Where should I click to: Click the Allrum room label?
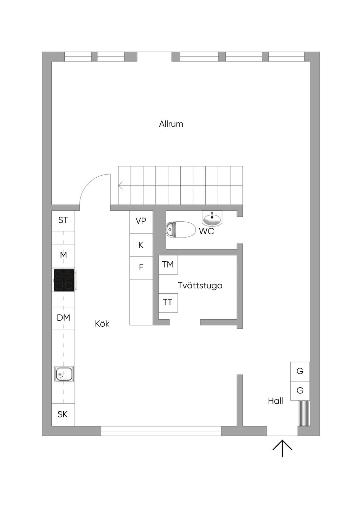[171, 124]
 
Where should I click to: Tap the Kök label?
[102, 324]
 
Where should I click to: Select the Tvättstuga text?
[200, 285]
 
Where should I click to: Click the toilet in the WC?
[181, 230]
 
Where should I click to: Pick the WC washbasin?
[212, 218]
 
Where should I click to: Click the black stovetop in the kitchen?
[64, 280]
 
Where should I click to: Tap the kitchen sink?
[64, 374]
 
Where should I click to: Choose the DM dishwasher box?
[63, 318]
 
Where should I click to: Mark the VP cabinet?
[141, 222]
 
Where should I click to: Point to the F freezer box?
[141, 268]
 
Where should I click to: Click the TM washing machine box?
[168, 265]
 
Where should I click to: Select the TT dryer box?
[168, 303]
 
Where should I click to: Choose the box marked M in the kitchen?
[63, 256]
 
